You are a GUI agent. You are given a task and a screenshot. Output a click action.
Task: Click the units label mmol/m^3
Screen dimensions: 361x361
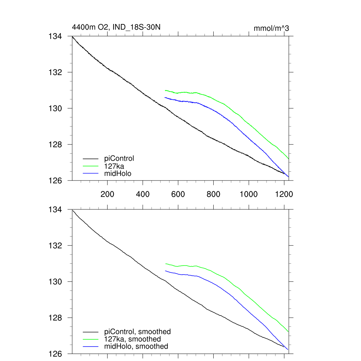pyautogui.click(x=271, y=28)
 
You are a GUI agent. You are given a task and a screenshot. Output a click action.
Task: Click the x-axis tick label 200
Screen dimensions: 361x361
pyautogui.click(x=107, y=194)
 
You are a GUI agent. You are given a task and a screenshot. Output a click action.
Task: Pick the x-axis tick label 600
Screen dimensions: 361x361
pyautogui.click(x=178, y=194)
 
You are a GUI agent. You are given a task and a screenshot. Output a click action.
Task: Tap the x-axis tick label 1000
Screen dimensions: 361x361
pyautogui.click(x=249, y=194)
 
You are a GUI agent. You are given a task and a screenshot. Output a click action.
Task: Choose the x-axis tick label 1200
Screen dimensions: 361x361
pyautogui.click(x=284, y=194)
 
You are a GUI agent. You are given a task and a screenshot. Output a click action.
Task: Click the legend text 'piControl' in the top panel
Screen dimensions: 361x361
pyautogui.click(x=119, y=158)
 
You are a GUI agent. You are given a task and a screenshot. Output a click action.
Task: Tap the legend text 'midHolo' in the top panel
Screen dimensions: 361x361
pyautogui.click(x=118, y=173)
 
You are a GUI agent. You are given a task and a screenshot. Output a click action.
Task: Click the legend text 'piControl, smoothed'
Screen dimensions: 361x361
pyautogui.click(x=137, y=332)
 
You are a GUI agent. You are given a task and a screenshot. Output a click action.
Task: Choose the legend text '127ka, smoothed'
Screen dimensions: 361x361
pyautogui.click(x=133, y=339)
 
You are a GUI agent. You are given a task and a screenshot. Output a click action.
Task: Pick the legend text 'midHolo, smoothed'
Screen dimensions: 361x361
pyautogui.click(x=136, y=347)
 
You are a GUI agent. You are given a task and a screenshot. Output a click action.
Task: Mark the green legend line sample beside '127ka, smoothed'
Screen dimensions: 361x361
pyautogui.click(x=91, y=339)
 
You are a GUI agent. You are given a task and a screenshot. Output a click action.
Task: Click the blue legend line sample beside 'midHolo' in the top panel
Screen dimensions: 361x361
pyautogui.click(x=91, y=173)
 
